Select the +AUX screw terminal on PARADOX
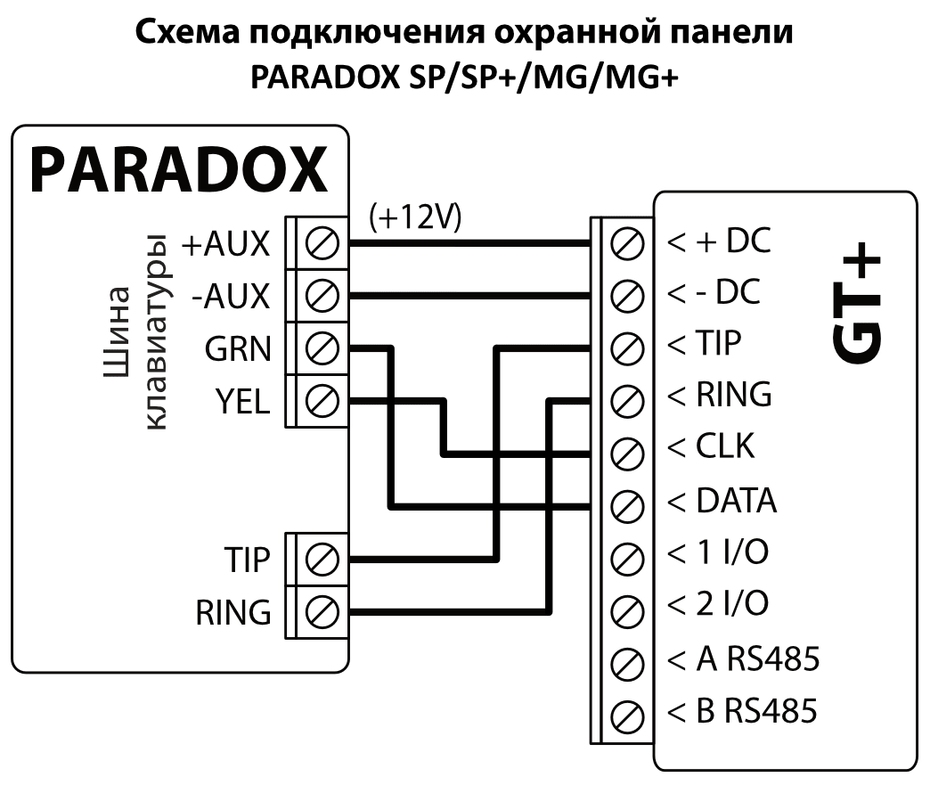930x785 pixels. pos(322,241)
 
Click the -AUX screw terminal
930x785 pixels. pos(322,293)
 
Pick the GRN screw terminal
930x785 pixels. pos(322,348)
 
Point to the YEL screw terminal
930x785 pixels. pos(322,400)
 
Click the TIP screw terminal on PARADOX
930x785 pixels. pos(322,560)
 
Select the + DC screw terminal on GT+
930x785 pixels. pos(630,241)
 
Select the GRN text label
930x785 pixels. pos(236,349)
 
